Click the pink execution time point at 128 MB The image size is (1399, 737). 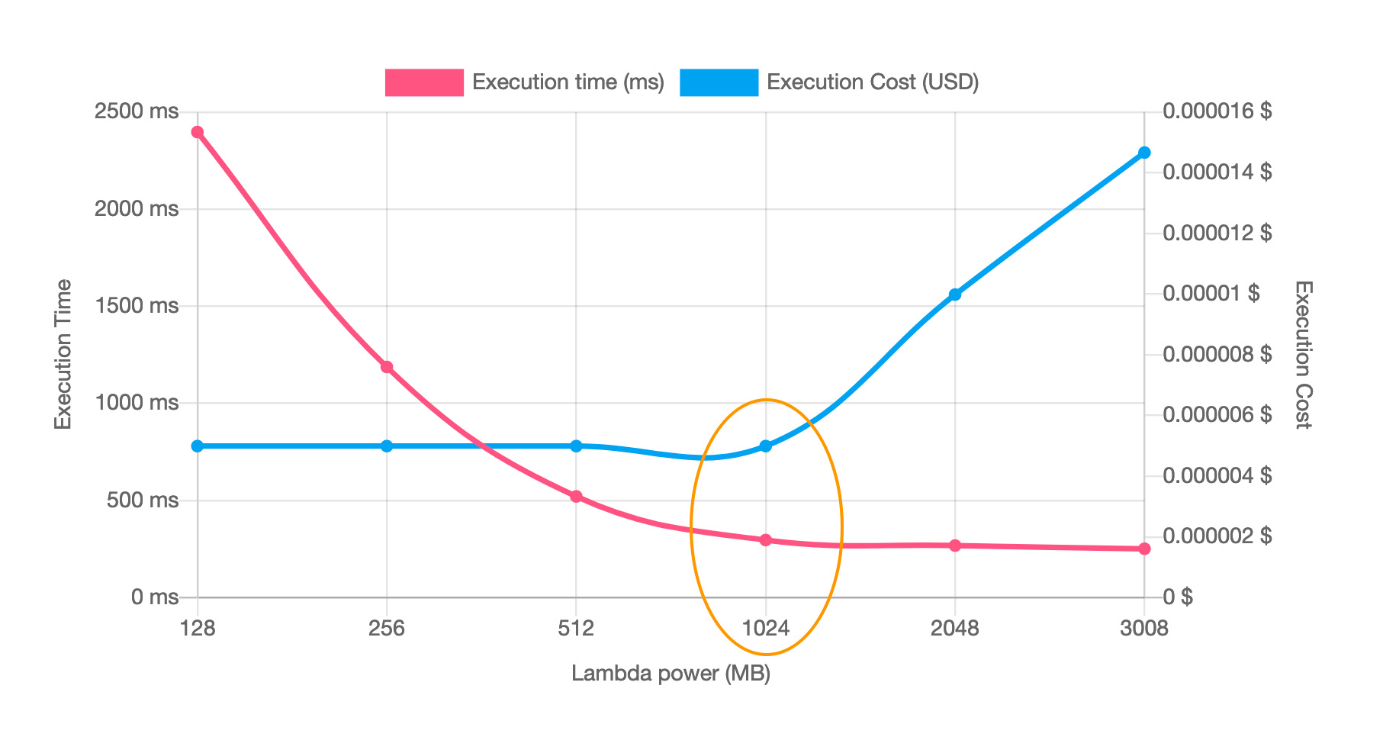click(198, 132)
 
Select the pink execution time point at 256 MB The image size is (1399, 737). click(387, 367)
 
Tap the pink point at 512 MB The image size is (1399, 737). click(576, 497)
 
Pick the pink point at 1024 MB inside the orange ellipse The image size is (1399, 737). click(766, 540)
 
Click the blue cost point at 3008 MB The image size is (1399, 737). click(1144, 153)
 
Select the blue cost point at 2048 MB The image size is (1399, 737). click(955, 294)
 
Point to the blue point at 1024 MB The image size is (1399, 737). click(766, 446)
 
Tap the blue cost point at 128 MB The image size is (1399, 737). click(198, 446)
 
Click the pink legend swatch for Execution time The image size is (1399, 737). click(424, 82)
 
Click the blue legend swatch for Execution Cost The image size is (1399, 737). click(719, 82)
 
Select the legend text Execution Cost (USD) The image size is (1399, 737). click(873, 82)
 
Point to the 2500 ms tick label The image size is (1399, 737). click(137, 111)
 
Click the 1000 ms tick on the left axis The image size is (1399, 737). click(137, 403)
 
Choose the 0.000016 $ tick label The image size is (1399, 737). click(1217, 111)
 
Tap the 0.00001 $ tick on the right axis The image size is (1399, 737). click(1211, 294)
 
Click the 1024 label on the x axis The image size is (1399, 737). click(766, 629)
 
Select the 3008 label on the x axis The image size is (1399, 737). click(1144, 629)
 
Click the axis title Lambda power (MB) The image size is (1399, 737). click(671, 674)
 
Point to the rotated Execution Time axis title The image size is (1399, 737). click(63, 354)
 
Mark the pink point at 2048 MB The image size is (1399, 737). click(955, 546)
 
